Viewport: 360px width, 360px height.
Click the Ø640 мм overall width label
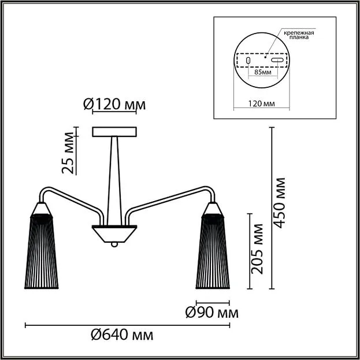pos(122,335)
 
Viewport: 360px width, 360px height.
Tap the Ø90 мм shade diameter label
pos(212,313)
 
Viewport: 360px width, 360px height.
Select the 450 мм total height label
pos(280,203)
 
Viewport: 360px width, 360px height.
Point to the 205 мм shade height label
pos(257,249)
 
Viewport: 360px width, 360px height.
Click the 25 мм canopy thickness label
pos(68,153)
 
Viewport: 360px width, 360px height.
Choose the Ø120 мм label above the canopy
pos(114,105)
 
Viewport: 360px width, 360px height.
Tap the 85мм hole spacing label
pos(263,72)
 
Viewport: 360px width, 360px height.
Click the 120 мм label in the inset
pos(261,104)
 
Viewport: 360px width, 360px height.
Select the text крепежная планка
pos(299,35)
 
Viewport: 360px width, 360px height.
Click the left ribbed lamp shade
pos(42,251)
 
